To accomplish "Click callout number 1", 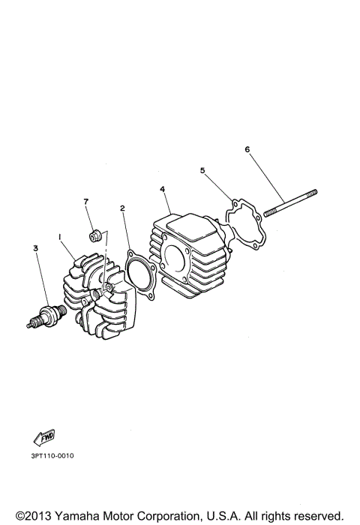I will (x=58, y=236).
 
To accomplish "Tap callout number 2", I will (x=122, y=208).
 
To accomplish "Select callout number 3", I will (x=34, y=247).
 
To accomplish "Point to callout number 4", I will (x=163, y=190).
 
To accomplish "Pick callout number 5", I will (x=202, y=170).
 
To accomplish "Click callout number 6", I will (x=247, y=149).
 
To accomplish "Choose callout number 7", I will (x=86, y=202).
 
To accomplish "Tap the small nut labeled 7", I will (x=95, y=237).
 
